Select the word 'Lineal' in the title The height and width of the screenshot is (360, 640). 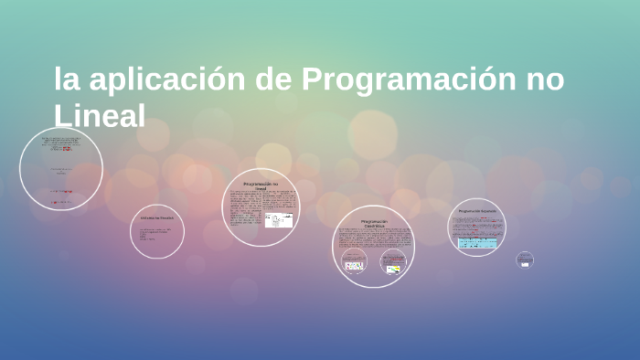coord(101,116)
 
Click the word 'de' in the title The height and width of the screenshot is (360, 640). coord(277,80)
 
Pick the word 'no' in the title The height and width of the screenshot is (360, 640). coord(543,80)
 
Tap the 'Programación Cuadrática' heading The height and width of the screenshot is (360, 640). coord(374,223)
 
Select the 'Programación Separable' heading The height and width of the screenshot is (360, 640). coord(478,211)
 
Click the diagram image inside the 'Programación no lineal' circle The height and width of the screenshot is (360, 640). coord(279,221)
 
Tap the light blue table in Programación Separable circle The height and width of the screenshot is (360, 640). coord(477,242)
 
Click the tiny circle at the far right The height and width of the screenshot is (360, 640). coord(524,259)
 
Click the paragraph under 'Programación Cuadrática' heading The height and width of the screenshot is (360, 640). coord(373,238)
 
